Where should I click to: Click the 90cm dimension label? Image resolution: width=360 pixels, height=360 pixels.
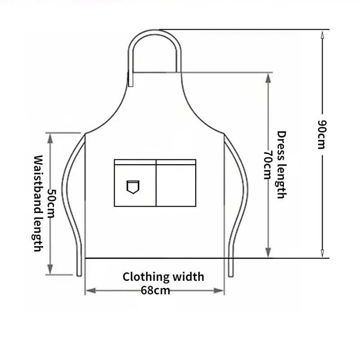tap(322, 135)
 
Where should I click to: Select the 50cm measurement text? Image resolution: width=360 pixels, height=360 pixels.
tap(51, 203)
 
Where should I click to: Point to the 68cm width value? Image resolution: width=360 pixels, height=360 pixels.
tap(155, 290)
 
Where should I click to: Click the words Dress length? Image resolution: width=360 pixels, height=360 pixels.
tap(281, 165)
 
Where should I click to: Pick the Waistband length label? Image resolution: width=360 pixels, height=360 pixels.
tap(38, 203)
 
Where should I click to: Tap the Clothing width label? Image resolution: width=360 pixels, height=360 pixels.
tap(163, 276)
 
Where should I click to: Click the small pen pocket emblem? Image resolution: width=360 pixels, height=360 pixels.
tap(133, 186)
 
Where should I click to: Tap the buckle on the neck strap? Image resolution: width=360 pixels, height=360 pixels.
tap(130, 79)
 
